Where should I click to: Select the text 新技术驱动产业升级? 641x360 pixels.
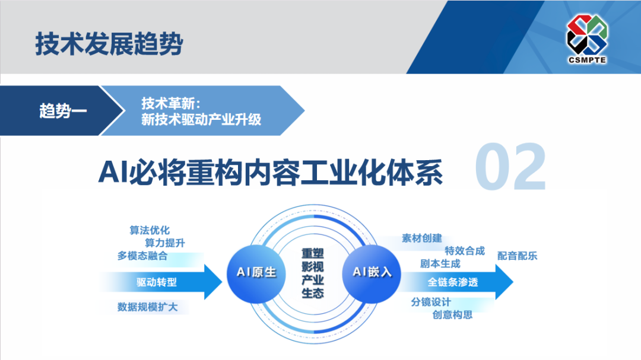(201, 119)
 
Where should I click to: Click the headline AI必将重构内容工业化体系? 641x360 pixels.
(271, 171)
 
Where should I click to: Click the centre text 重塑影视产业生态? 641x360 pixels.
(312, 273)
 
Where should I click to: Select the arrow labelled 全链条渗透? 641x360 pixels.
(453, 282)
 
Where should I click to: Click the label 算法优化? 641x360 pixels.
(150, 230)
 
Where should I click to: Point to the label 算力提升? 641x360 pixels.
(165, 243)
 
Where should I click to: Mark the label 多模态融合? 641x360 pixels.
(142, 256)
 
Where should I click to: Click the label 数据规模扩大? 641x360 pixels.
(147, 307)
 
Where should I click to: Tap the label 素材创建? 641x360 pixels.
(422, 238)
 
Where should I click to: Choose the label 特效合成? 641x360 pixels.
(465, 251)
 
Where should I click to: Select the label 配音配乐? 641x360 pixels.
(517, 256)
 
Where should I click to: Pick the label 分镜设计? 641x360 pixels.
(431, 302)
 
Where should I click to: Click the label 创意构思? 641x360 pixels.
(452, 315)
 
